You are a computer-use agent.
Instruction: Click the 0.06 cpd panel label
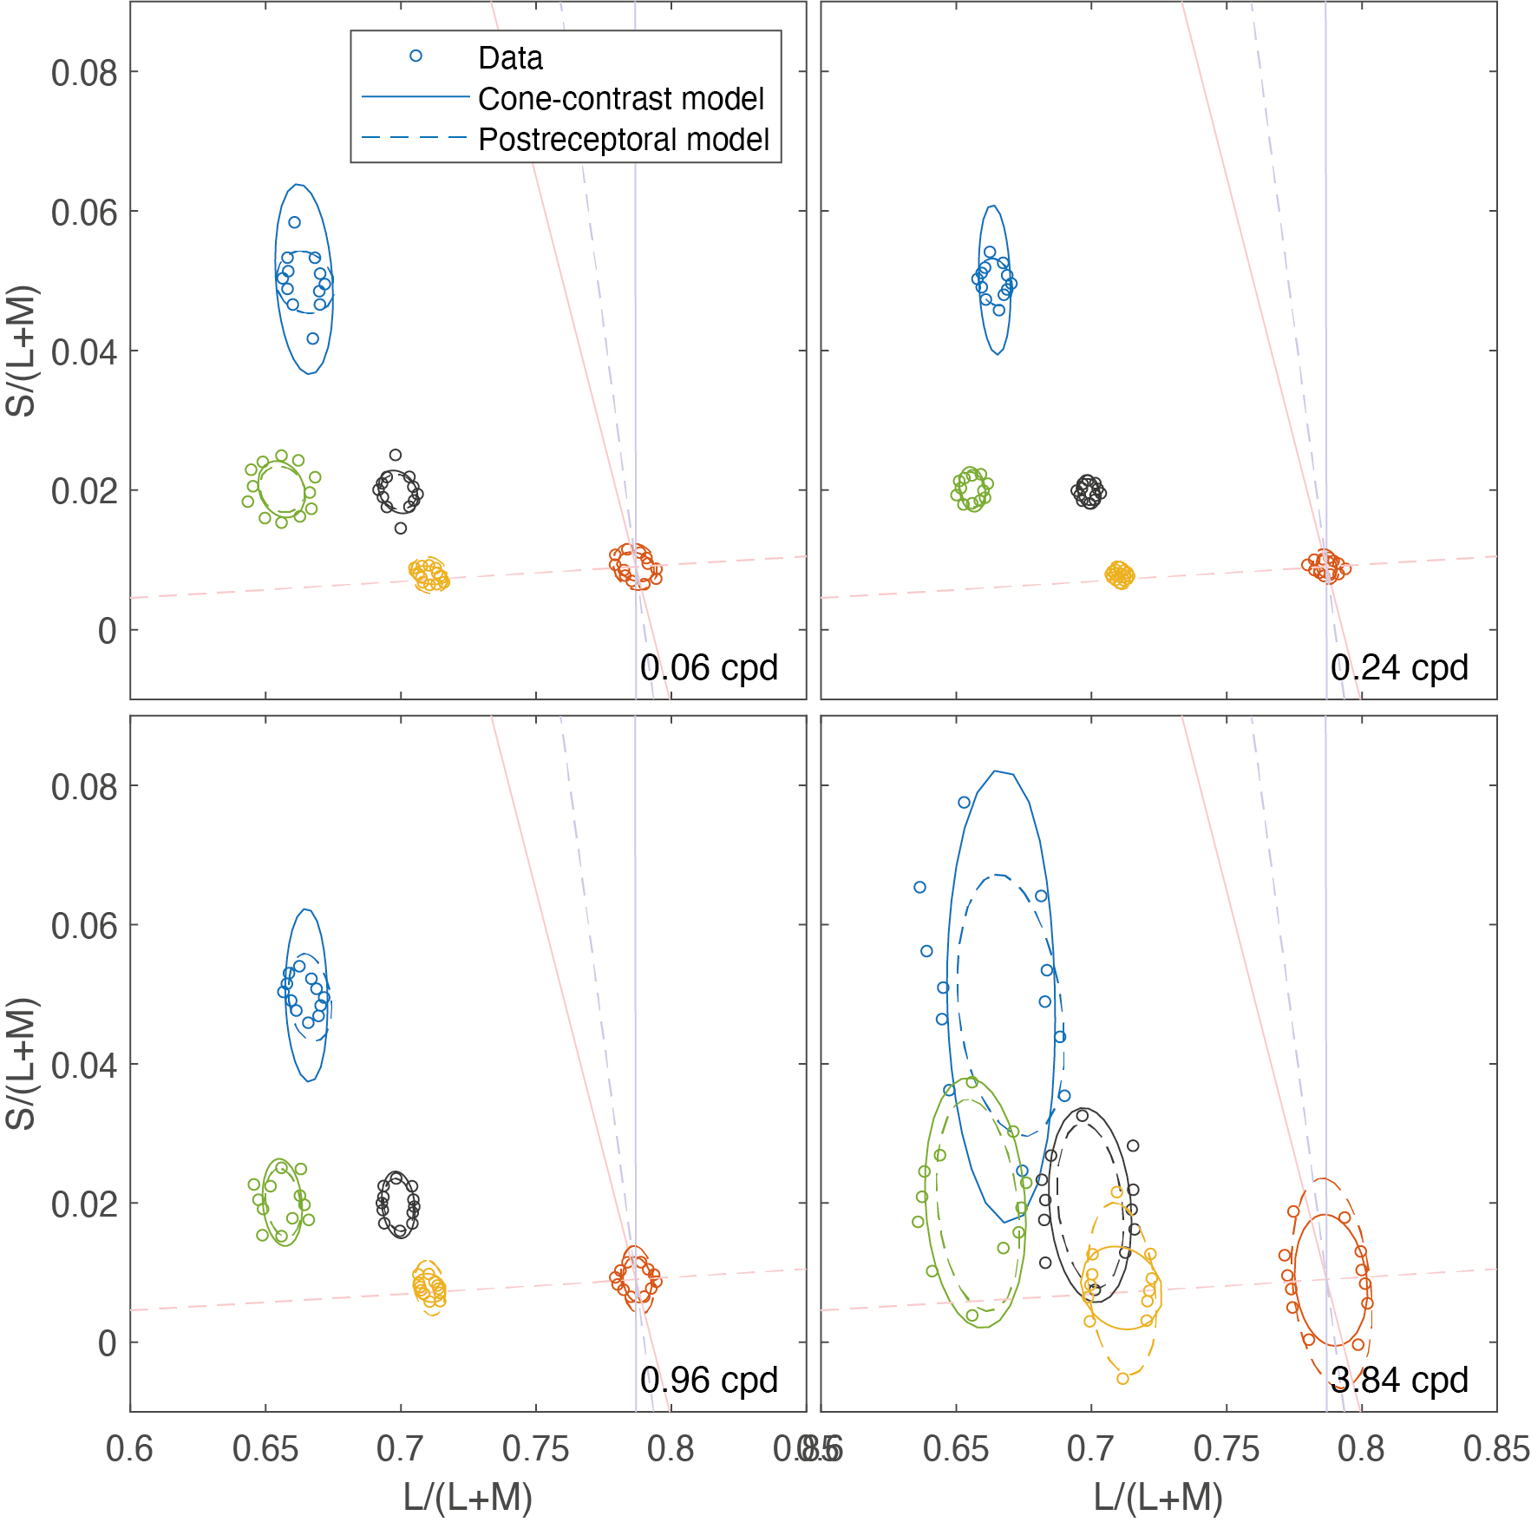(709, 668)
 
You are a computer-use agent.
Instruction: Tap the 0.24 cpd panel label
(1399, 668)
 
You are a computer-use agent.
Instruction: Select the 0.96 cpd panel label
(709, 1380)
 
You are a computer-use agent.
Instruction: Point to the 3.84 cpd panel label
(1399, 1380)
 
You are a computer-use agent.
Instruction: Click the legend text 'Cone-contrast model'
(621, 99)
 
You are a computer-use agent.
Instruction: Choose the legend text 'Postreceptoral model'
(624, 140)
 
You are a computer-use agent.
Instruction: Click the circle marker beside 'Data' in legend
(415, 56)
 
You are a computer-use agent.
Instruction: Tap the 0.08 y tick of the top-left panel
(84, 73)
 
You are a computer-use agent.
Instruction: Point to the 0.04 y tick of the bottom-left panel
(84, 1066)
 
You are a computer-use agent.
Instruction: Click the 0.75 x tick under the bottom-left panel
(535, 1449)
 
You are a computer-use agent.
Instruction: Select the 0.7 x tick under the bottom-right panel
(1090, 1449)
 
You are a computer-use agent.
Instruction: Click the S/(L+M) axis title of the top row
(21, 351)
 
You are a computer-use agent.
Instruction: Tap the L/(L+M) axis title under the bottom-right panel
(1158, 1498)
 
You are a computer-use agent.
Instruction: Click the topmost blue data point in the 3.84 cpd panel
(964, 803)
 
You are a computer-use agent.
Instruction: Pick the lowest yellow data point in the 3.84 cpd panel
(1122, 1378)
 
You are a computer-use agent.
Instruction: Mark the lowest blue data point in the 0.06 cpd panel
(313, 338)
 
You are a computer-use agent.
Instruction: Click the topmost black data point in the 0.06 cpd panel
(396, 455)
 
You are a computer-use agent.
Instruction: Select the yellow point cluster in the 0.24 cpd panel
(1120, 574)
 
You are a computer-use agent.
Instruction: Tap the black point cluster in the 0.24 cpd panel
(1089, 492)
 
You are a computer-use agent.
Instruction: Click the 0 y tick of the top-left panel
(107, 632)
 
